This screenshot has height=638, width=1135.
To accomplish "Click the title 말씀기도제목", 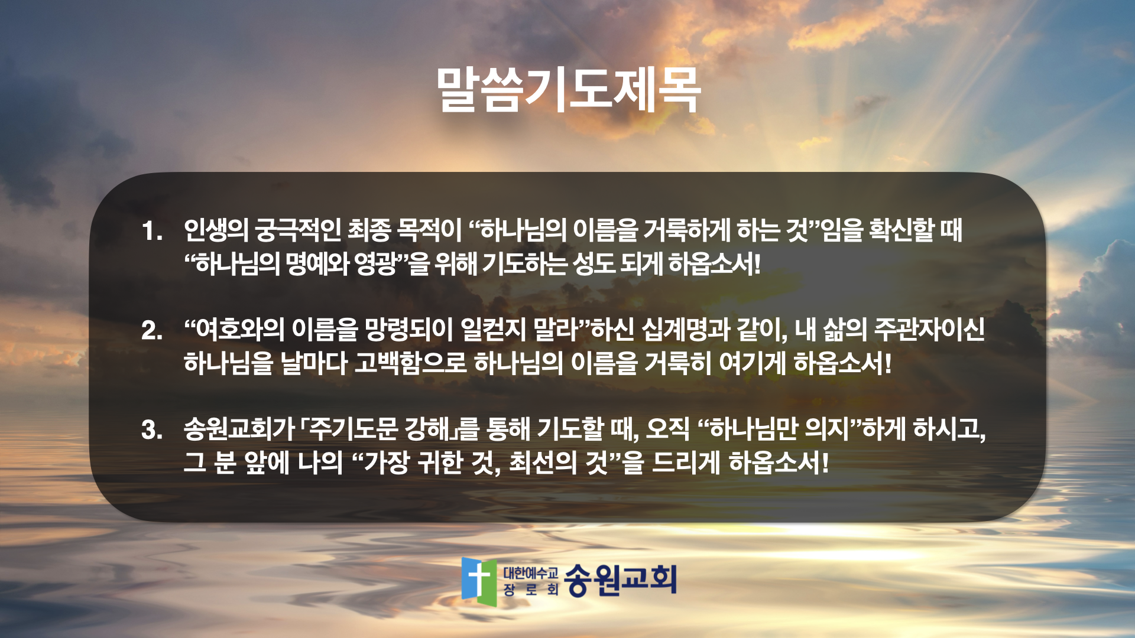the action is pyautogui.click(x=568, y=90).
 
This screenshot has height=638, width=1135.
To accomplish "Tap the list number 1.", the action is pyautogui.click(x=152, y=231).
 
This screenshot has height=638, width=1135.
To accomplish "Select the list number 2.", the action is pyautogui.click(x=152, y=330).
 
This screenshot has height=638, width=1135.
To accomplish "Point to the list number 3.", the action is pyautogui.click(x=152, y=430).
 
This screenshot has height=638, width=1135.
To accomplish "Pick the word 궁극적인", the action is pyautogui.click(x=297, y=230).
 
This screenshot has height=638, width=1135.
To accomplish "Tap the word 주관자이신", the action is pyautogui.click(x=929, y=330).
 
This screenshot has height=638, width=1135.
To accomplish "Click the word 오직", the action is pyautogui.click(x=668, y=429).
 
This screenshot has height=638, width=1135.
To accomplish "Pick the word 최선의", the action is pyautogui.click(x=543, y=463).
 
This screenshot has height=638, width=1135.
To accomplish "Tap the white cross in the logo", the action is pyautogui.click(x=479, y=578).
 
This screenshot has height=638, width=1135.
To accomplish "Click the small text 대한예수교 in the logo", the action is pyautogui.click(x=530, y=572).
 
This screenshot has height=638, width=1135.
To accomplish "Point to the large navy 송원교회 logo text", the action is pyautogui.click(x=620, y=580).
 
